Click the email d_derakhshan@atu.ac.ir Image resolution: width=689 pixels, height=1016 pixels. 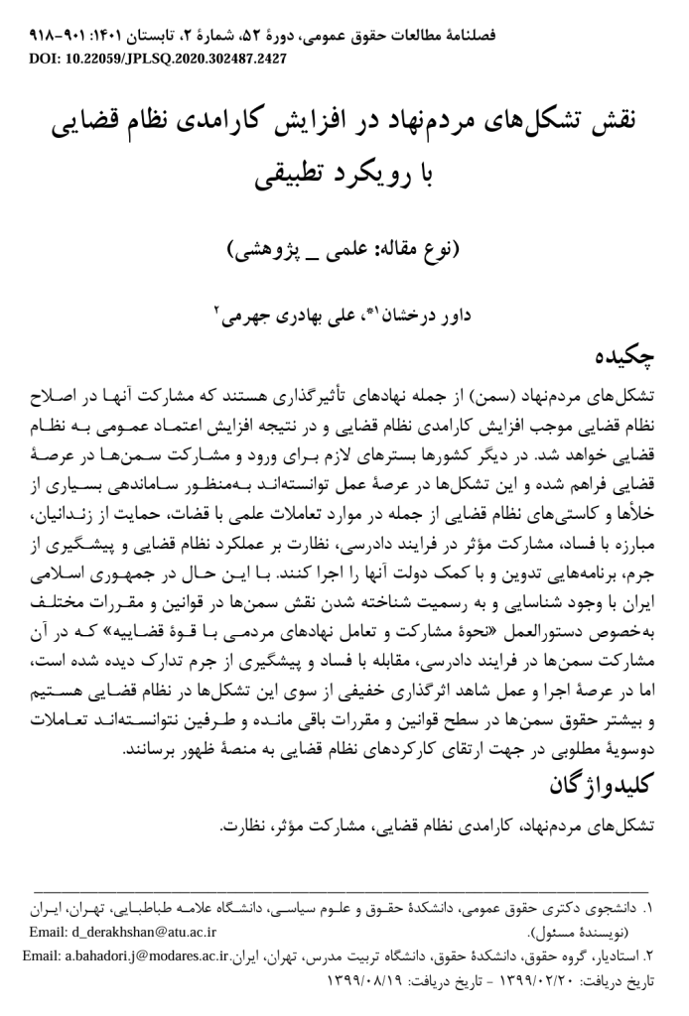(x=118, y=933)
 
